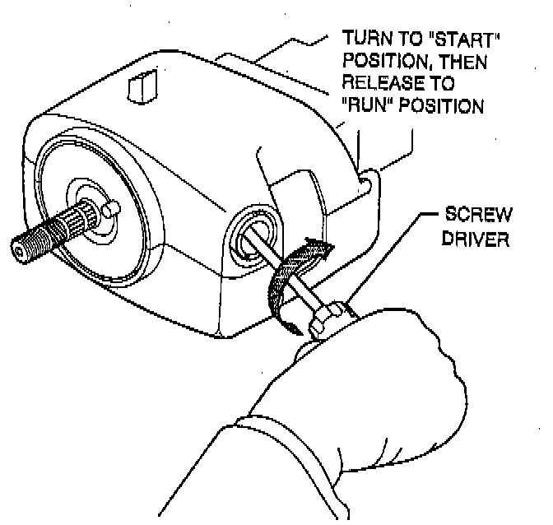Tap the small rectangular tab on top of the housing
[x=141, y=86]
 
